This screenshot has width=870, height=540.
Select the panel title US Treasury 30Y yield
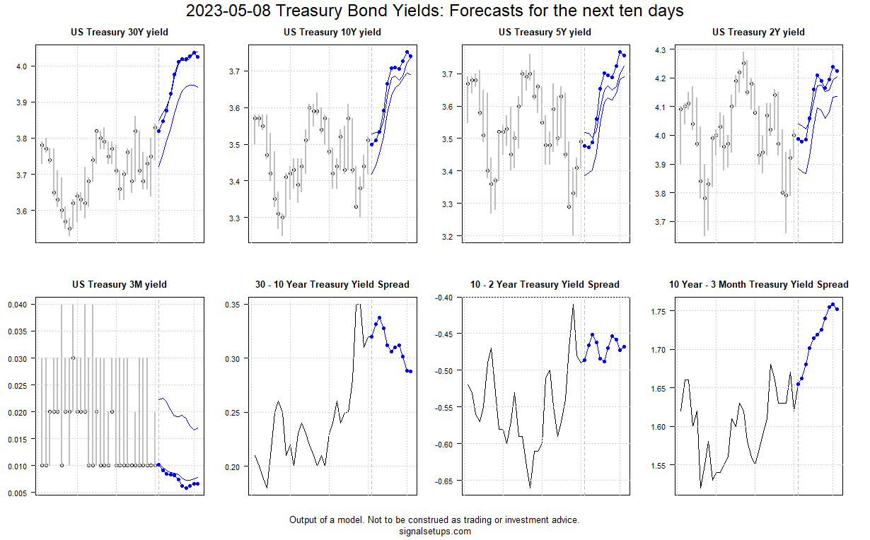pos(120,33)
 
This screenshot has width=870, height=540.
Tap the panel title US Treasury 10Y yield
pos(332,33)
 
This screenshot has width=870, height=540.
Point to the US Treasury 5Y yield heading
pos(545,33)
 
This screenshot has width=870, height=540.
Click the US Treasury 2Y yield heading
pos(758,33)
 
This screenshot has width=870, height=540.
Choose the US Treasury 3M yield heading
pos(120,285)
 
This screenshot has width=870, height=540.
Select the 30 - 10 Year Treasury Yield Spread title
pos(332,285)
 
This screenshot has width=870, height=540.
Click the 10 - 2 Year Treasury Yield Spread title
pos(545,285)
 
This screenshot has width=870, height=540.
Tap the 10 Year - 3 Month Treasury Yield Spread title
pos(758,285)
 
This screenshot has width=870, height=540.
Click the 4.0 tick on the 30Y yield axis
pos(21,66)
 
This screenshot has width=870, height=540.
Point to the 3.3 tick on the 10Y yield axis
pos(234,218)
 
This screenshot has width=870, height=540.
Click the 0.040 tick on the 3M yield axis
pos(16,305)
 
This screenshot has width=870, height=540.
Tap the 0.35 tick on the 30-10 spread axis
pos(233,305)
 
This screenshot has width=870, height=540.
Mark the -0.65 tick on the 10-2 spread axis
pos(444,481)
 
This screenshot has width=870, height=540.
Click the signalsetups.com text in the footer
pos(435,532)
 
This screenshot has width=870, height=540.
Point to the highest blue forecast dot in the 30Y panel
pos(194,53)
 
